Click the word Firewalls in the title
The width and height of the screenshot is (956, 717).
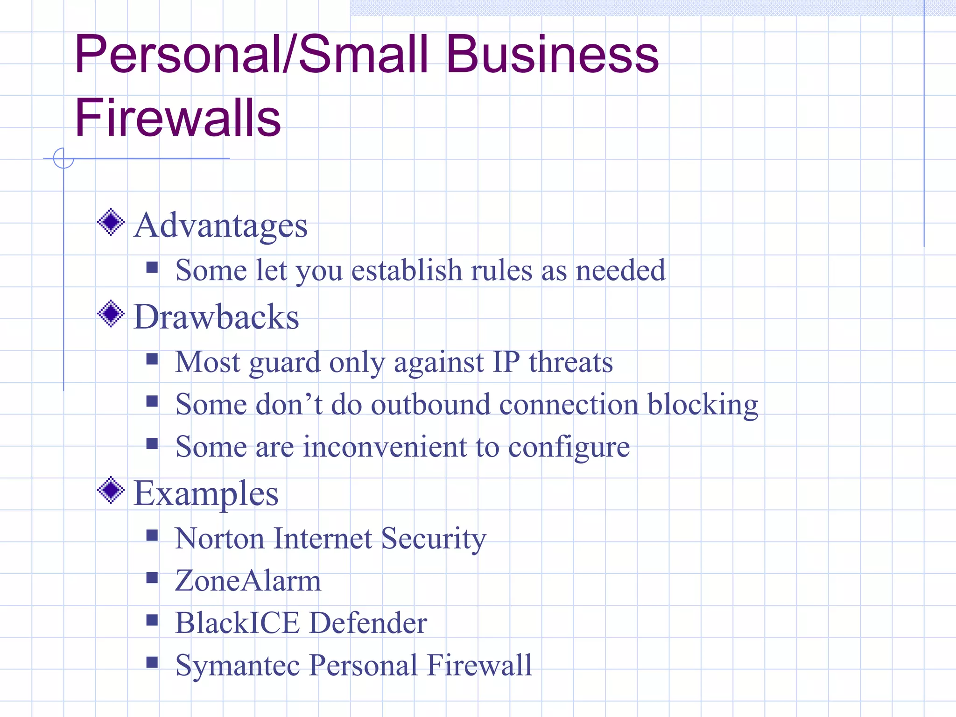[x=177, y=118]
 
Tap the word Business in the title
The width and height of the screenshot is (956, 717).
[x=552, y=55]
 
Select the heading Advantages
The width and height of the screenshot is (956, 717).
[x=220, y=225]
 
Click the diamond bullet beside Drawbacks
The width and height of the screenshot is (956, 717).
[x=111, y=314]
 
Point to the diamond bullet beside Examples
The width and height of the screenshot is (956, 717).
[x=111, y=490]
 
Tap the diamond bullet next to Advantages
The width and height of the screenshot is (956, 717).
[x=111, y=222]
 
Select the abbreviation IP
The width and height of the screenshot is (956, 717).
[x=506, y=362]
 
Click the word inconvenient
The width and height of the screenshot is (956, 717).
[x=385, y=447]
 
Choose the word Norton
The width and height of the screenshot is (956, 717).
[x=220, y=538]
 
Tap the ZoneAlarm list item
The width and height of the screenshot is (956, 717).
[x=248, y=581]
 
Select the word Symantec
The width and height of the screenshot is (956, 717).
[x=237, y=665]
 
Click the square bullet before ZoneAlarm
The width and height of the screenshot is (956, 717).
[x=152, y=578]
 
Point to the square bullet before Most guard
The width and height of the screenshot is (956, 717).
[x=152, y=358]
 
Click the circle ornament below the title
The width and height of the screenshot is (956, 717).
[x=63, y=158]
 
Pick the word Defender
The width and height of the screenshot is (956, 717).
[x=368, y=623]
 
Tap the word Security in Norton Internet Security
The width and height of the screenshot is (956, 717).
[x=434, y=539]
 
